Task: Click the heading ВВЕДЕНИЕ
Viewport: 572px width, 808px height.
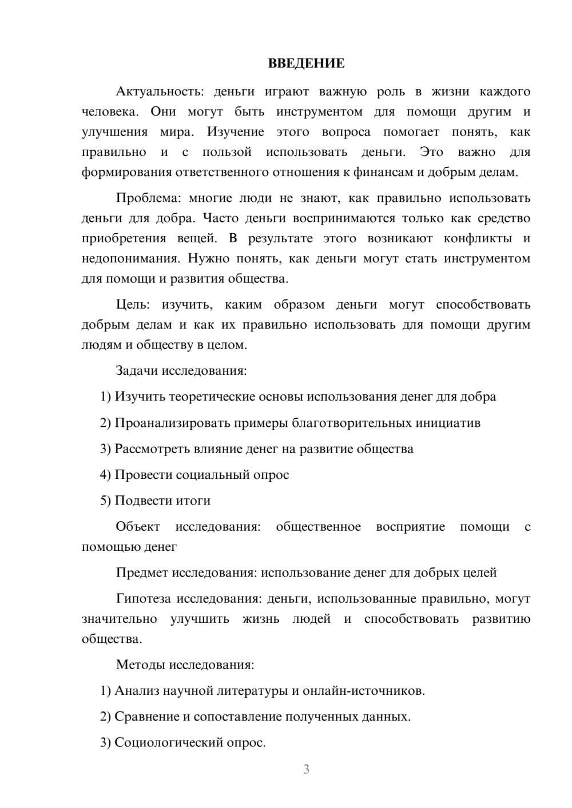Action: click(x=306, y=63)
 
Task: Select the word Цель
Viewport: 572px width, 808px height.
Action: click(x=130, y=305)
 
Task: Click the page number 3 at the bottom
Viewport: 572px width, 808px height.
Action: click(x=306, y=769)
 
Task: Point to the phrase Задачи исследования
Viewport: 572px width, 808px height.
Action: click(x=181, y=370)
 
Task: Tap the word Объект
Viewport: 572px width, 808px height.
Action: click(x=138, y=526)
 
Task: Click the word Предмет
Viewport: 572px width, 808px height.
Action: click(x=142, y=573)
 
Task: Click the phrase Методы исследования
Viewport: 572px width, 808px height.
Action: click(x=185, y=665)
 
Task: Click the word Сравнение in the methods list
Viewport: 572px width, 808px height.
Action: click(x=146, y=716)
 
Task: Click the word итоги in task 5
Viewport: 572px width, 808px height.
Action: click(x=193, y=500)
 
